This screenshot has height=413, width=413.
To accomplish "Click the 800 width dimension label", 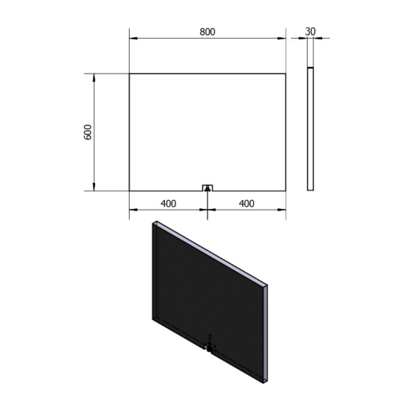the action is click(207, 32).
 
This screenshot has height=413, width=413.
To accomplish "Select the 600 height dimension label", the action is click(88, 132).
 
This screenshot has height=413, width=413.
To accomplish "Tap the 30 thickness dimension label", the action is click(310, 32).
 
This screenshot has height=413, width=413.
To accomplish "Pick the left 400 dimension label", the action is click(168, 203).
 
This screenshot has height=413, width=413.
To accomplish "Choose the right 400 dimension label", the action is click(247, 203).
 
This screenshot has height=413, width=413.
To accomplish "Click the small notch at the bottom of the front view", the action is click(208, 188).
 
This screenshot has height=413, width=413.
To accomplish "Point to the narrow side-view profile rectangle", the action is click(311, 129).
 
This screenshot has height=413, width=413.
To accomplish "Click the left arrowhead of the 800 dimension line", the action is click(133, 39).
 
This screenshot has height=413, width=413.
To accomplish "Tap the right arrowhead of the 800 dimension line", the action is click(282, 39).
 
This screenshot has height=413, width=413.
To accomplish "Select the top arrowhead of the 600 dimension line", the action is click(94, 78).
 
